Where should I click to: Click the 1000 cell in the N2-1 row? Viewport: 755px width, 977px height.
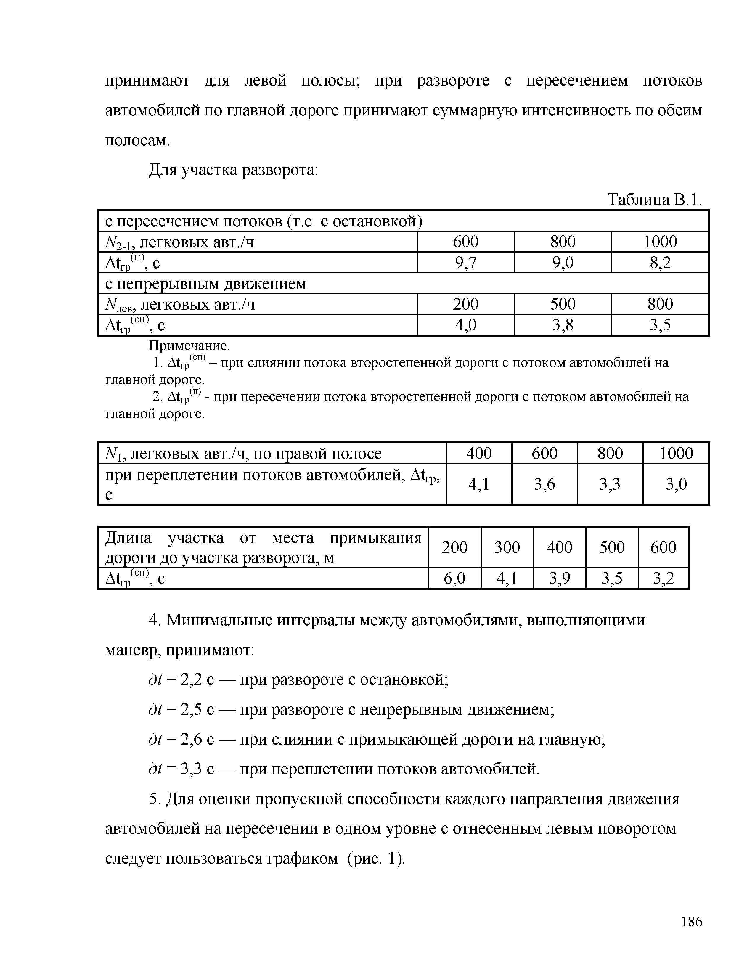click(660, 242)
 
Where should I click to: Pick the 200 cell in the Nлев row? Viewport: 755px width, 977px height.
click(466, 304)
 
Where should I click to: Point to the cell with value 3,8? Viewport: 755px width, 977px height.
click(563, 325)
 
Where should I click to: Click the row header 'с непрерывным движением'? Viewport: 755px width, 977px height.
click(206, 284)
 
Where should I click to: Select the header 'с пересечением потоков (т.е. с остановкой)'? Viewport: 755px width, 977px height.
click(264, 221)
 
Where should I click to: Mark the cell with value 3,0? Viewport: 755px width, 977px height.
click(676, 484)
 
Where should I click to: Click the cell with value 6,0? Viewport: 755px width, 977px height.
click(454, 579)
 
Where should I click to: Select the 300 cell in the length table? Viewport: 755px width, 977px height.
click(507, 547)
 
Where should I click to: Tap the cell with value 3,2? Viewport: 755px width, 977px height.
click(663, 579)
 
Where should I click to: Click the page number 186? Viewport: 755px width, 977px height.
click(691, 922)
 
